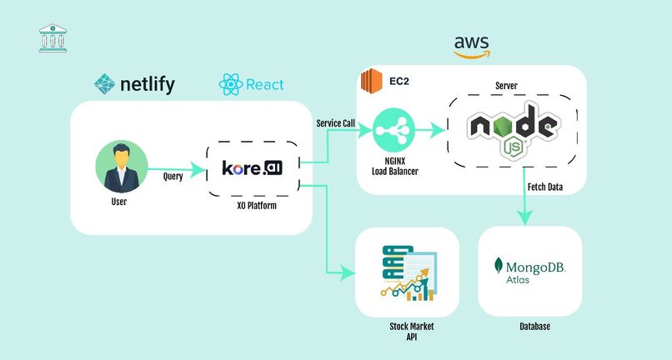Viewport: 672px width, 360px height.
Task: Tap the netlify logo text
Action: point(147,84)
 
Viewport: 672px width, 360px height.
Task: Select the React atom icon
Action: point(230,84)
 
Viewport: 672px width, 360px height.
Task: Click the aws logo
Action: point(471,46)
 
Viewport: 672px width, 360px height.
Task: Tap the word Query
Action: point(172,177)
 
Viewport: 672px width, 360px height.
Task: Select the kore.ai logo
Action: point(252,168)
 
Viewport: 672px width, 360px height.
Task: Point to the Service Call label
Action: point(335,123)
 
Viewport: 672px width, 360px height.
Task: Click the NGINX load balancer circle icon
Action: point(394,131)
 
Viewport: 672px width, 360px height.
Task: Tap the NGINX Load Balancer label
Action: point(395,167)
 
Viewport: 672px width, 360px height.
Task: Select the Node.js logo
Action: point(512,132)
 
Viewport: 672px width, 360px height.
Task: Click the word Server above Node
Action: point(506,86)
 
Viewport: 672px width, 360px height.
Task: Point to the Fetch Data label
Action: point(544,187)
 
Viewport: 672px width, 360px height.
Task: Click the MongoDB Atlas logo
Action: point(530,271)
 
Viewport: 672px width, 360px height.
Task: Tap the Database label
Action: point(534,327)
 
